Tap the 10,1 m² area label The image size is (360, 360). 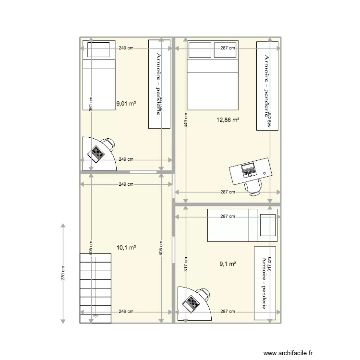point(126,248)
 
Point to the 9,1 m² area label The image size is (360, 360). point(228,264)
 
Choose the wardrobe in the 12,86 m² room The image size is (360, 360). point(267,85)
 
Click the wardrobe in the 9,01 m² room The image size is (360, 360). point(159,84)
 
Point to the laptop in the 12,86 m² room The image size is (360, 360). point(249,170)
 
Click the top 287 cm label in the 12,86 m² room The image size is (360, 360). point(228,48)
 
